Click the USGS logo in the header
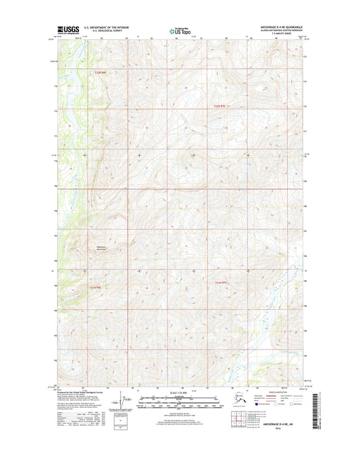(x=69, y=29)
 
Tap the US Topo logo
(x=180, y=30)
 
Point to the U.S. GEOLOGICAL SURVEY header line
(x=105, y=31)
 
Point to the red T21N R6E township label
(x=95, y=287)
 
